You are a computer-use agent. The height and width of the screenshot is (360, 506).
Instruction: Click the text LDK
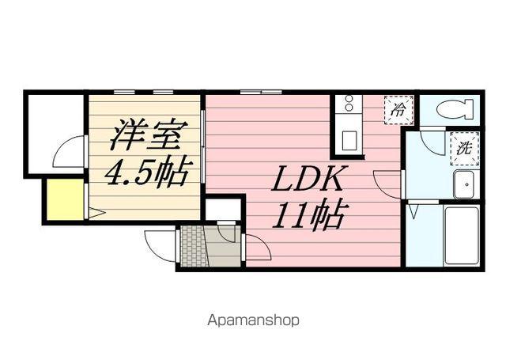pyautogui.click(x=308, y=181)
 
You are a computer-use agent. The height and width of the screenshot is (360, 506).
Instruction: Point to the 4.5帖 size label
pyautogui.click(x=148, y=172)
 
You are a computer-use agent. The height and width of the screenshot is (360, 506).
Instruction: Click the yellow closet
pyautogui.click(x=64, y=200)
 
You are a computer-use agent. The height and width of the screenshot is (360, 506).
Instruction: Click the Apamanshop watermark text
pyautogui.click(x=253, y=321)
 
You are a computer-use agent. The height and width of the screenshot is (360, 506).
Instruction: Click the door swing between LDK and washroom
pyautogui.click(x=388, y=186)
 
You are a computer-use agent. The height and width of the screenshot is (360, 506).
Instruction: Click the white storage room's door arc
pyautogui.click(x=70, y=151)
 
